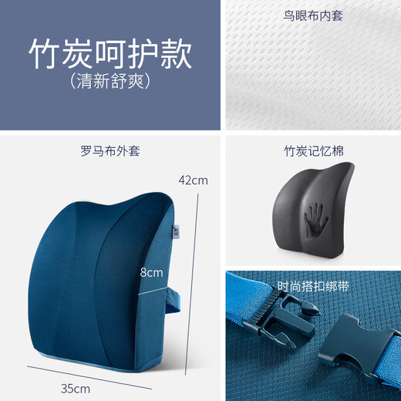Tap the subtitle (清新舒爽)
pyautogui.click(x=110, y=79)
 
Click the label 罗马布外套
pyautogui.click(x=110, y=152)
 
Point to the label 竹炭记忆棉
pyautogui.click(x=312, y=152)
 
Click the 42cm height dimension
pyautogui.click(x=193, y=181)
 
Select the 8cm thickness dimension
pyautogui.click(x=151, y=272)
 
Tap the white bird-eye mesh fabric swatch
pyautogui.click(x=312, y=73)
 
